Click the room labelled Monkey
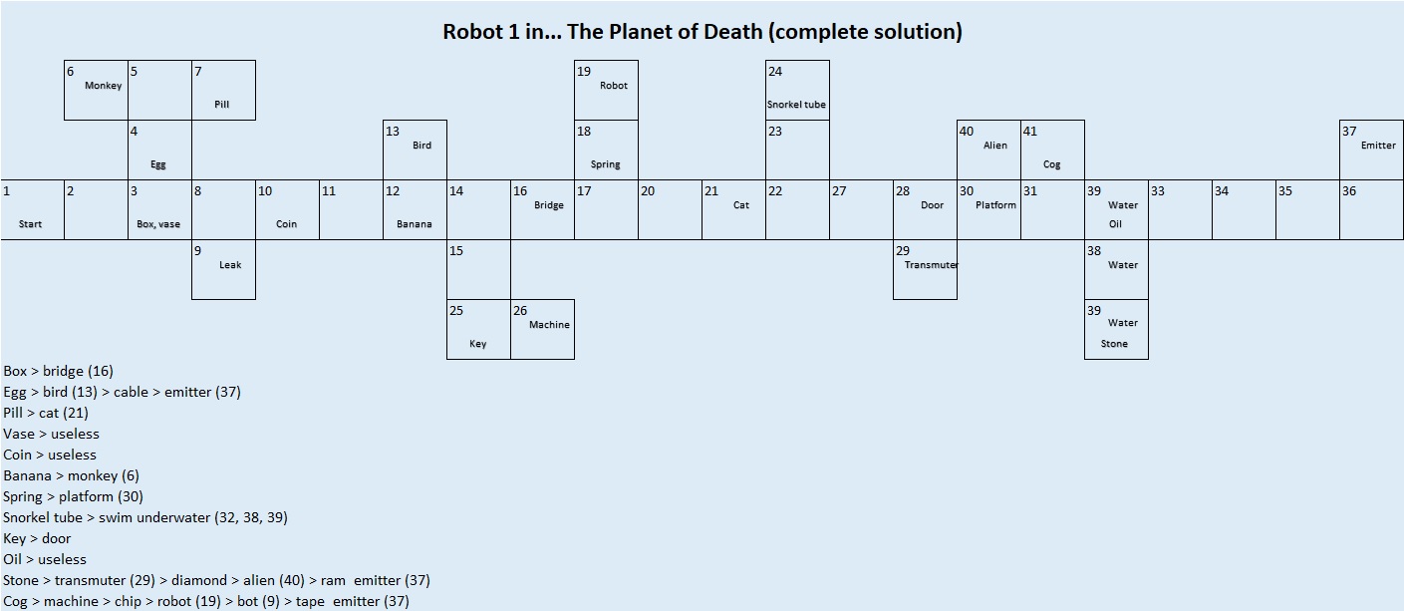point(96,90)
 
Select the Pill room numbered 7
point(223,90)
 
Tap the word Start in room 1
point(30,224)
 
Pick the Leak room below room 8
point(223,269)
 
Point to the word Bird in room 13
point(422,146)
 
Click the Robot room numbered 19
point(606,90)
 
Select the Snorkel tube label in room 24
point(796,105)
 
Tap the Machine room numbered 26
point(542,329)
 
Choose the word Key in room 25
point(478,344)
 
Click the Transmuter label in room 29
point(931,265)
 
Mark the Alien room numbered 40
point(988,150)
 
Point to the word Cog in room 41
point(1052,164)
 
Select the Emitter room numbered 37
point(1371,150)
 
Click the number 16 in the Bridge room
point(520,191)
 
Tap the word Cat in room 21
point(741,205)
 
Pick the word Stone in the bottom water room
point(1114,344)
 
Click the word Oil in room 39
point(1115,224)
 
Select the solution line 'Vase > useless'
point(51,434)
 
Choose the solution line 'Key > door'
point(37,538)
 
